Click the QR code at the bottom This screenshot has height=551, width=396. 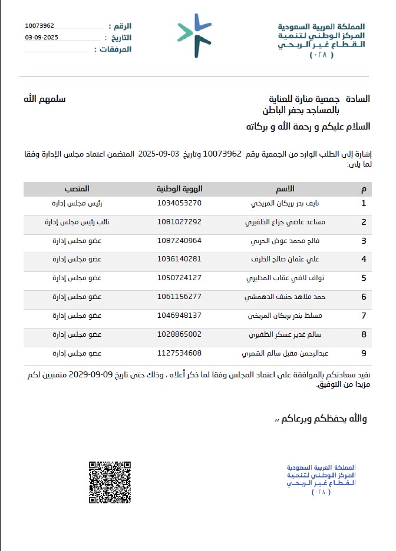[x=110, y=482]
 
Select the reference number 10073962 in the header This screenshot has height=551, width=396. [x=40, y=26]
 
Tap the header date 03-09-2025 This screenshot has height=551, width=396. [x=42, y=37]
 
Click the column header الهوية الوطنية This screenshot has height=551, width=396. [x=179, y=189]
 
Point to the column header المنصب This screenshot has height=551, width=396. [x=77, y=189]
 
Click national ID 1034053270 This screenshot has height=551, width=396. [x=179, y=203]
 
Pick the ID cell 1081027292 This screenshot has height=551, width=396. [x=179, y=222]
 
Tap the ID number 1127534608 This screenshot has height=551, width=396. [x=179, y=353]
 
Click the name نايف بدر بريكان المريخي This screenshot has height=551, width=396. [x=285, y=203]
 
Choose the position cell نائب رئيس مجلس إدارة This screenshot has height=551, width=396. [x=73, y=222]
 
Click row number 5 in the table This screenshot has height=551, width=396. [x=364, y=278]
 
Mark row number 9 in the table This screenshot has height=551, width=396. [x=364, y=354]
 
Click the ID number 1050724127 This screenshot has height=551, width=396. [x=179, y=278]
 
